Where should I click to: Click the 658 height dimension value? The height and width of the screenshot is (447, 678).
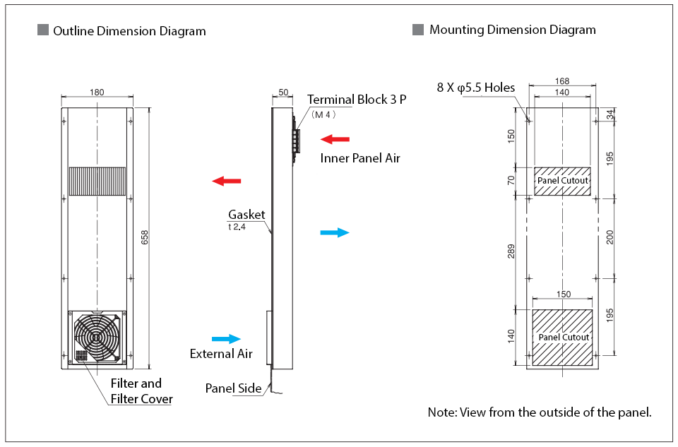(x=145, y=237)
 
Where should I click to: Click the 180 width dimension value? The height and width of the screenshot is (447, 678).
(x=97, y=92)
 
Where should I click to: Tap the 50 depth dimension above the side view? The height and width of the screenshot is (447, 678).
(x=283, y=92)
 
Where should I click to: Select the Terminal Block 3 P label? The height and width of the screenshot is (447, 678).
(x=357, y=100)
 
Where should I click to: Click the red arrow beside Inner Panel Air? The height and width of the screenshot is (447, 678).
(x=335, y=139)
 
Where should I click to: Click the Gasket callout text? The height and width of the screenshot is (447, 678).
(x=246, y=215)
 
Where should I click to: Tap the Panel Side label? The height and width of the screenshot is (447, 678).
(x=233, y=388)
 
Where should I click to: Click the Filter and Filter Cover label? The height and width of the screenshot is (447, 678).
(x=141, y=391)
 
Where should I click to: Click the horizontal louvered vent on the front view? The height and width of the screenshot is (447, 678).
(x=97, y=181)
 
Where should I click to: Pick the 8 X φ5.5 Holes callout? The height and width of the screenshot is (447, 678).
(x=476, y=88)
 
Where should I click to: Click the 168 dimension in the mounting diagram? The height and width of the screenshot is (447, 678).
(x=562, y=81)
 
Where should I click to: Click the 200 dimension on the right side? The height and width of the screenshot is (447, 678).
(x=610, y=237)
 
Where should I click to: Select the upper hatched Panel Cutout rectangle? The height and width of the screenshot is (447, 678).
(x=562, y=181)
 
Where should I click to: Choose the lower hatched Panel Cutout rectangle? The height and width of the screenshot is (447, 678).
(x=562, y=338)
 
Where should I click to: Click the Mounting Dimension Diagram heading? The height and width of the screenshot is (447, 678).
(x=513, y=30)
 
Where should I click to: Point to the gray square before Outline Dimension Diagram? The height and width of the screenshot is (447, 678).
(x=42, y=31)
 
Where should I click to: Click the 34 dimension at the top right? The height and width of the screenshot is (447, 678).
(x=610, y=113)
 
